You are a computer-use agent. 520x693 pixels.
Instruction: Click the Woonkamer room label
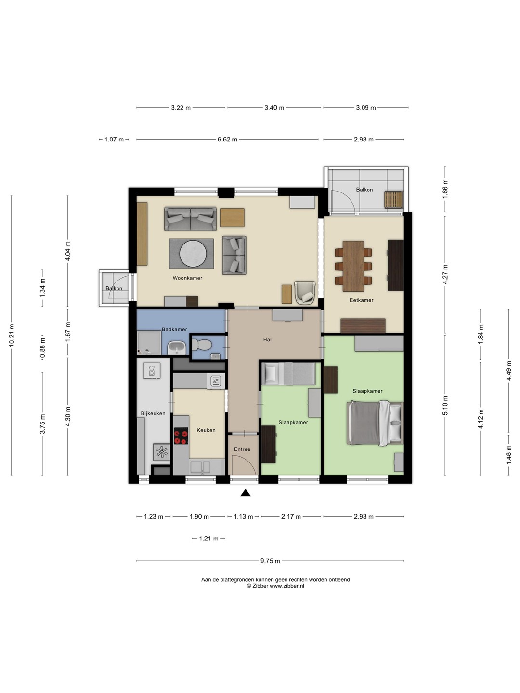coord(187,278)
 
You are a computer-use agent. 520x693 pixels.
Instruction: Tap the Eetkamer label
coord(361,300)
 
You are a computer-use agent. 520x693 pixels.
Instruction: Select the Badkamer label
coord(174,329)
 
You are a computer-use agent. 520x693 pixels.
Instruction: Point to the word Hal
coord(267,339)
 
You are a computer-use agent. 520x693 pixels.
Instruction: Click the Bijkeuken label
coord(153,413)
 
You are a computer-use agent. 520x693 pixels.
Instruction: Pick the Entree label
coord(242,449)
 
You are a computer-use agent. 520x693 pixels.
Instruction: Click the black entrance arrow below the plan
coord(246,493)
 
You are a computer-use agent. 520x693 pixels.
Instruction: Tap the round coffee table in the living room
coord(193,254)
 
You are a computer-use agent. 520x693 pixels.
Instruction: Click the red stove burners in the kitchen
coord(181,436)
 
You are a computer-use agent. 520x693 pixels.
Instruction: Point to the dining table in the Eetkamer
coord(353,266)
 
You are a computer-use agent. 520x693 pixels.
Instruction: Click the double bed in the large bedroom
coord(375,423)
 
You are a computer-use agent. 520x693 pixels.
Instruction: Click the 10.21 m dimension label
coord(12,335)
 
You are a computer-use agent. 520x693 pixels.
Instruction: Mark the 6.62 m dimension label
coord(227,139)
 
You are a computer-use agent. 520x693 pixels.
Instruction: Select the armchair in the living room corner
coord(305,293)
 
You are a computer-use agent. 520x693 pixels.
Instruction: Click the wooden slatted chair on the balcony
coord(394,200)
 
